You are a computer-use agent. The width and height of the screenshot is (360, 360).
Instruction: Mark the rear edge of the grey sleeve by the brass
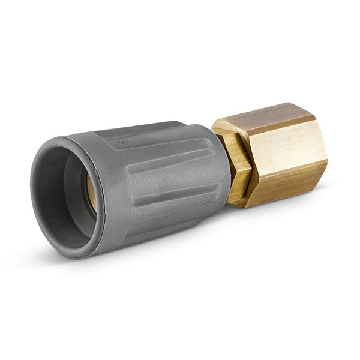(226, 168)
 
